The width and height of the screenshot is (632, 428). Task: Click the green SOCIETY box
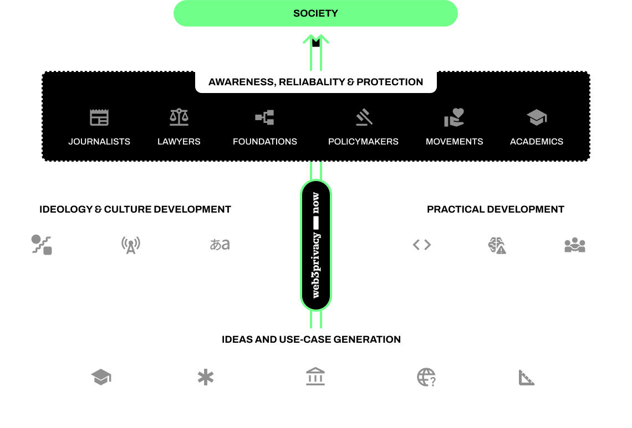click(x=315, y=13)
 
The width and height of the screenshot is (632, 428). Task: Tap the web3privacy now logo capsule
click(x=316, y=245)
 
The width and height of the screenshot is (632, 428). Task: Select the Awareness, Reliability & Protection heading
click(x=315, y=82)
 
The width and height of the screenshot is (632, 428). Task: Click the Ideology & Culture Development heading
click(x=135, y=209)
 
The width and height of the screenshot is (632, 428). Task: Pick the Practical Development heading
click(x=495, y=209)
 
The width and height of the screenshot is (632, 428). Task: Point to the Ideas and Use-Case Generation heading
click(x=311, y=339)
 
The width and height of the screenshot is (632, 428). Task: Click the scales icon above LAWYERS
click(x=179, y=117)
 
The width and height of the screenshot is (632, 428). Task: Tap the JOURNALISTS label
click(x=99, y=141)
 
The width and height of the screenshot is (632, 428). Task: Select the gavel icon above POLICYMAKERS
click(x=364, y=117)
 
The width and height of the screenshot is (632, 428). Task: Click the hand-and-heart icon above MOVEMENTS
click(x=453, y=117)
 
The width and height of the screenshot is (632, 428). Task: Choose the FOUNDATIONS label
click(x=265, y=141)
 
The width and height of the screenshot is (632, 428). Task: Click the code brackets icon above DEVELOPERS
click(x=422, y=245)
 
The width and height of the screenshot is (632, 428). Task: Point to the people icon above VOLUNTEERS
click(x=575, y=245)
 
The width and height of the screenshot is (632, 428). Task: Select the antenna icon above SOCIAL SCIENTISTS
click(x=130, y=245)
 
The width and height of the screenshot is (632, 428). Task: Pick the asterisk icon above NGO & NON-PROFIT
click(x=206, y=378)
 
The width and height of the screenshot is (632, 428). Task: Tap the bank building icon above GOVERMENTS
click(x=315, y=377)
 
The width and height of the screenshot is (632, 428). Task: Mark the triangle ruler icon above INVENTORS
click(x=527, y=378)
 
